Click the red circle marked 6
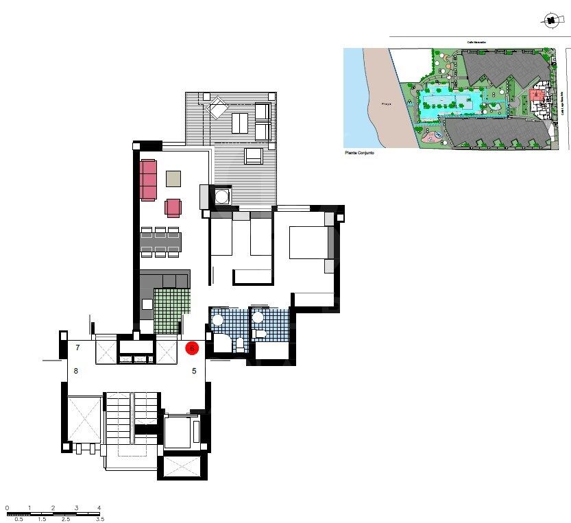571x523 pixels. point(193,348)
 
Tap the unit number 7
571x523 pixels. point(77,348)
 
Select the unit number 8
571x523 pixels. point(76,372)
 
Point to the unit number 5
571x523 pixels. point(194,372)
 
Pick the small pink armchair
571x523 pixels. point(173,207)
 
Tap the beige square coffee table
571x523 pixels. point(174,179)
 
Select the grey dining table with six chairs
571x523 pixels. point(161,242)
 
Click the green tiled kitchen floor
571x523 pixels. point(171,311)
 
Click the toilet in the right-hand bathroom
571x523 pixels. point(260,334)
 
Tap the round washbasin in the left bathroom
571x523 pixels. point(217,319)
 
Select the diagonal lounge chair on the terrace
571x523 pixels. point(218,106)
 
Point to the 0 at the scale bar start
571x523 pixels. point(7,508)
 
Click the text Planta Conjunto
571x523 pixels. point(361,154)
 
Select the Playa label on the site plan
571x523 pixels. point(385,104)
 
